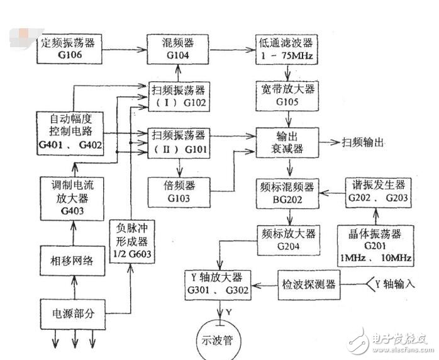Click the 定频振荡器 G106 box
click(69, 48)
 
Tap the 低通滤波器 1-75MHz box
click(289, 48)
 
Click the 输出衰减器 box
click(289, 143)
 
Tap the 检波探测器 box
click(308, 284)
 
